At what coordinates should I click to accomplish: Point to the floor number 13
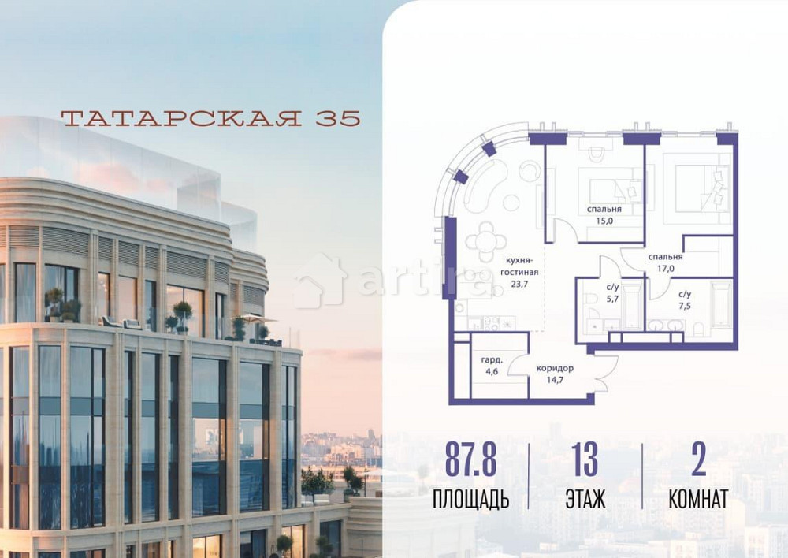click(x=585, y=459)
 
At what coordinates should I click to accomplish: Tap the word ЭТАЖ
click(x=585, y=500)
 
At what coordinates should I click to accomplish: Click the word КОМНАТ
click(x=697, y=500)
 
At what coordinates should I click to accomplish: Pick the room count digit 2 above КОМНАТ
click(x=697, y=459)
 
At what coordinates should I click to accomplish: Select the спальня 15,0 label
click(x=604, y=215)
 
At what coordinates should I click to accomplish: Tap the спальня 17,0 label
click(x=665, y=262)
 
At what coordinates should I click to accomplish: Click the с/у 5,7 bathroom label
click(x=612, y=293)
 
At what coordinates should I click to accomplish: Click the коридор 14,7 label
click(x=555, y=374)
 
